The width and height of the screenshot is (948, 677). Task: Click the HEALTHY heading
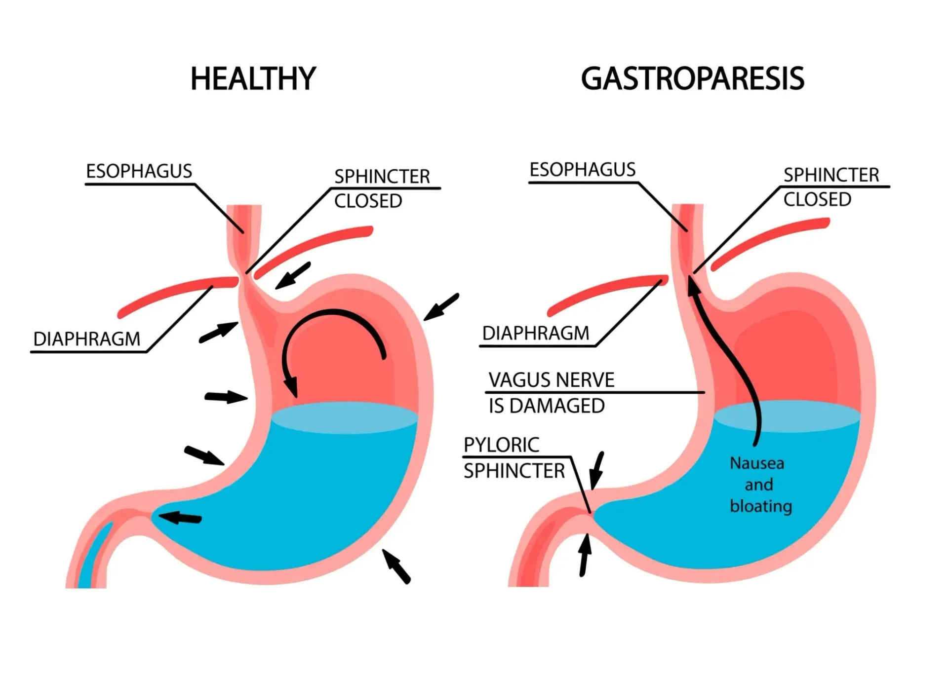pos(253,79)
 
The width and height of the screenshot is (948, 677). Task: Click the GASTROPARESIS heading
pos(692,79)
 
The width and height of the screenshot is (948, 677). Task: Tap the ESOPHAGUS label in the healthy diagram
pos(139,171)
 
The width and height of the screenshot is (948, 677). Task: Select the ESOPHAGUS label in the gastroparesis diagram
pos(582,170)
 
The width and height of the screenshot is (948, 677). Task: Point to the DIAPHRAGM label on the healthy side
pos(87,339)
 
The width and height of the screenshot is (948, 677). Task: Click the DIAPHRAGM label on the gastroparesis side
pos(536,333)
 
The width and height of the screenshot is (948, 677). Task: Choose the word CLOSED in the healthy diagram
pos(368,201)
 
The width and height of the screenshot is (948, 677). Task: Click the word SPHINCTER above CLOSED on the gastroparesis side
pos(831,175)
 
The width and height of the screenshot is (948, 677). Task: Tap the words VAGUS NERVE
pos(552,380)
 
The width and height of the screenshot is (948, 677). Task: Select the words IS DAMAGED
pos(547,406)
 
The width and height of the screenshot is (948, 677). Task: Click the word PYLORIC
pos(501,445)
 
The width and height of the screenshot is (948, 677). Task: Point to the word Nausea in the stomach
pos(757,463)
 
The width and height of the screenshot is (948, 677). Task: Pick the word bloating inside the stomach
pos(761,506)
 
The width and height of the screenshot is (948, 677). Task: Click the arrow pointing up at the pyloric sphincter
pos(585,555)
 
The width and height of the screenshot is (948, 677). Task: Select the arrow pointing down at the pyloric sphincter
pos(597,470)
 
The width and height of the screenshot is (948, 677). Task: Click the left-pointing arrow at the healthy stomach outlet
pos(180,518)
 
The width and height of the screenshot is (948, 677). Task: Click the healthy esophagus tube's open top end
pos(244,207)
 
